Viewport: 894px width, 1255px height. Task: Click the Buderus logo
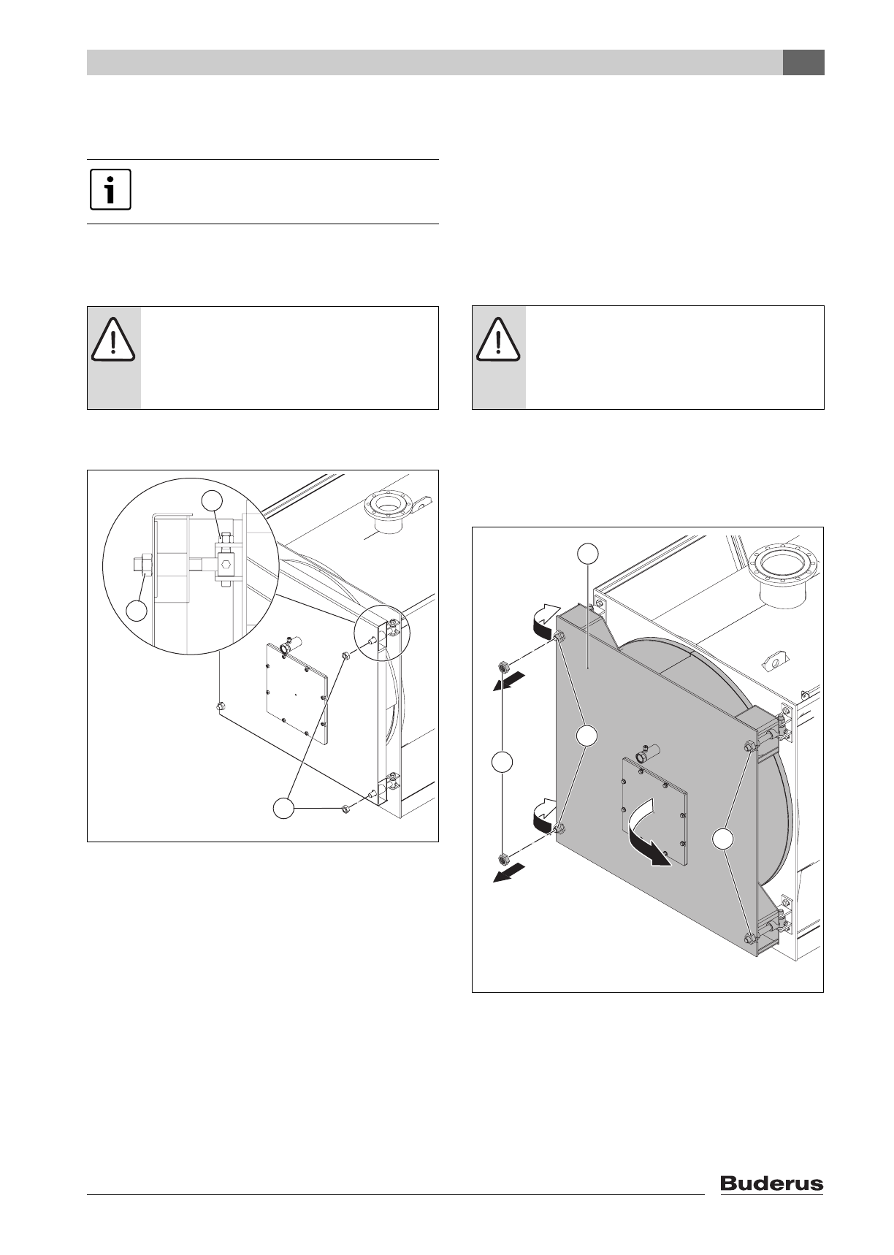coord(772,1183)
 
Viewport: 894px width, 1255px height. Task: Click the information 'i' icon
coord(110,190)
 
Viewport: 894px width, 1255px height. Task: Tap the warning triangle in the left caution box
coord(113,342)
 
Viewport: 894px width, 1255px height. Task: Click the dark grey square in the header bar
coord(803,63)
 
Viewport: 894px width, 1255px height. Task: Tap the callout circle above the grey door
coord(589,554)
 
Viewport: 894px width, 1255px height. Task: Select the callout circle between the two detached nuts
coord(501,762)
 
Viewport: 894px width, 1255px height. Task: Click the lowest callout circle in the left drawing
coord(284,809)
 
